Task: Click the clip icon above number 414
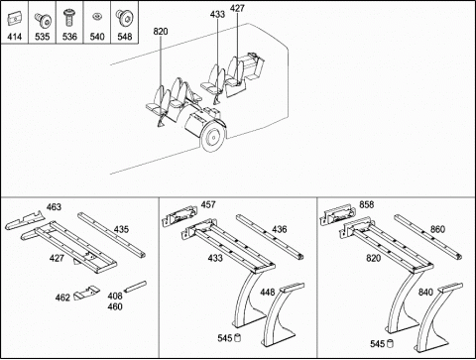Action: [14, 20]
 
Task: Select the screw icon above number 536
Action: [69, 18]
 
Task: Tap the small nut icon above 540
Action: [97, 17]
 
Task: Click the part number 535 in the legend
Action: [42, 37]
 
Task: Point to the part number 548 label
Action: [125, 37]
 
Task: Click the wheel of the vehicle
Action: [212, 137]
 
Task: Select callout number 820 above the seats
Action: [161, 32]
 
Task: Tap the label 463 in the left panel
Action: [54, 207]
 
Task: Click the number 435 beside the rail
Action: [121, 229]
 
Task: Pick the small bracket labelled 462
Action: [86, 293]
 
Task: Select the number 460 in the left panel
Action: [115, 306]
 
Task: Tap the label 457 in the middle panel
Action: [208, 205]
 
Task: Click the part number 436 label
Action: [280, 229]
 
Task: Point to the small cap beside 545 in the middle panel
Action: [237, 338]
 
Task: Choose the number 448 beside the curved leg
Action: [268, 293]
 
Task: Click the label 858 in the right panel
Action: [367, 205]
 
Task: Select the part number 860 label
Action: [437, 229]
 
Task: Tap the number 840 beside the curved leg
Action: [425, 293]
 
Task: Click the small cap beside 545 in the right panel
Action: [390, 344]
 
